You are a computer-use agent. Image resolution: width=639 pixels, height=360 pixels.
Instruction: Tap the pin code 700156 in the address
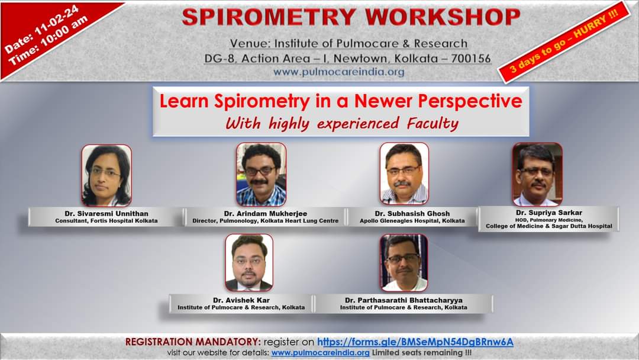click(x=471, y=59)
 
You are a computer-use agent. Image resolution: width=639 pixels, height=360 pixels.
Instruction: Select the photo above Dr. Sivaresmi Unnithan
click(x=106, y=175)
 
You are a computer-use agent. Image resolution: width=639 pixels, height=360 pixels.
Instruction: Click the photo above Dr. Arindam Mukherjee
click(x=261, y=174)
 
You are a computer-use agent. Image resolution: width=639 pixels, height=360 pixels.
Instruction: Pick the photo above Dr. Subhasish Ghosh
click(x=404, y=173)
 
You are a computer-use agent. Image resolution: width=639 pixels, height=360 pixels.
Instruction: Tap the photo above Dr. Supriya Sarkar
click(x=537, y=174)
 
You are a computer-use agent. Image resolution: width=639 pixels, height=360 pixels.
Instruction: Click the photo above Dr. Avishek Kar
click(x=249, y=262)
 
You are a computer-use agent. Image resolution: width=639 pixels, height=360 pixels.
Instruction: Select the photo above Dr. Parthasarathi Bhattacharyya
click(x=404, y=262)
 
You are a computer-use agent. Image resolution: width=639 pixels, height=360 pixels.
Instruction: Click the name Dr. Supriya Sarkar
click(x=548, y=211)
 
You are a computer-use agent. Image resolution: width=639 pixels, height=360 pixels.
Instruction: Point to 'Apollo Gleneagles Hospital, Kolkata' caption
click(x=412, y=221)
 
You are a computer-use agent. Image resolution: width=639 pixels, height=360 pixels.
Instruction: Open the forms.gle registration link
click(x=415, y=342)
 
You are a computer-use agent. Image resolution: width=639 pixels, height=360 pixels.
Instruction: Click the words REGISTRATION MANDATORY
click(x=193, y=342)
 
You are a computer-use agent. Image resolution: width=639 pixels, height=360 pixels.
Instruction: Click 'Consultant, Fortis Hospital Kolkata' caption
click(x=106, y=221)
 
